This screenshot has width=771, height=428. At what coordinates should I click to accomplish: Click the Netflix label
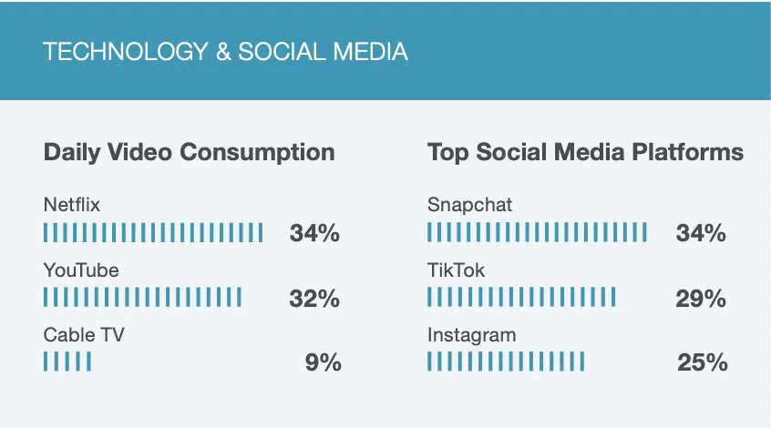(71, 205)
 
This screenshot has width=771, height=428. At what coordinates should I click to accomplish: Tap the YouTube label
(81, 270)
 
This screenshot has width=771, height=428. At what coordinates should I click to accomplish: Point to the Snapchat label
(469, 205)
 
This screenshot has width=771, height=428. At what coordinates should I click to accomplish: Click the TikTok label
(456, 270)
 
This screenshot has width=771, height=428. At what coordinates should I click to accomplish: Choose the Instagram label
(471, 335)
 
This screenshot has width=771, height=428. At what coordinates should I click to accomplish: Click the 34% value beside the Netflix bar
(314, 233)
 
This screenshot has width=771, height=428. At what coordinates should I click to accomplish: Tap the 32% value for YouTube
(314, 298)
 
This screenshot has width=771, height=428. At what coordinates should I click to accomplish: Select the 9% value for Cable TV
(323, 362)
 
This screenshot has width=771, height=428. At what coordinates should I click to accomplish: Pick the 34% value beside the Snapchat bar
(701, 233)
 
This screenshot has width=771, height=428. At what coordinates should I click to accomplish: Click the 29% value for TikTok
(701, 298)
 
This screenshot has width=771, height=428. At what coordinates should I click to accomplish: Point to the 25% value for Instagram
(702, 362)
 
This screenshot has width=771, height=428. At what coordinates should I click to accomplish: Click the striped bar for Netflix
(153, 233)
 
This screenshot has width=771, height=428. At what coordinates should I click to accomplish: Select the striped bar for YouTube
(142, 298)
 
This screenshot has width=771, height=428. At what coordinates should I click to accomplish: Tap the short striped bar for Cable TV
(67, 362)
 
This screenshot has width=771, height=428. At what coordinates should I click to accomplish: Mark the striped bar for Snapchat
(537, 233)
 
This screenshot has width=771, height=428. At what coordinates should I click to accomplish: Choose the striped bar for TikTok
(521, 298)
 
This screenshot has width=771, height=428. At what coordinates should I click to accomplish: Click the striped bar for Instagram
(506, 362)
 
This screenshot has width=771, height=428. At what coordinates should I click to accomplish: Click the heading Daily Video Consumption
(189, 152)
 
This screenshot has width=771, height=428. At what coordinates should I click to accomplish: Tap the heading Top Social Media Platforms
(585, 152)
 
